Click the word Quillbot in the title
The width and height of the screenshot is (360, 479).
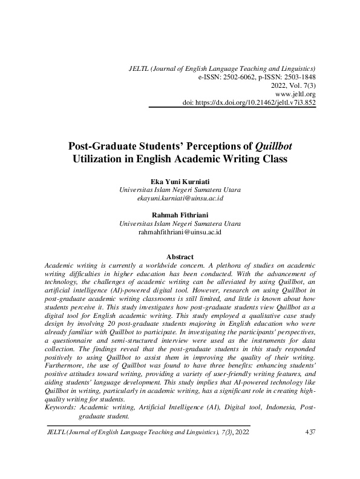(273, 147)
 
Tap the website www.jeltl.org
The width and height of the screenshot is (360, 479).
(295, 94)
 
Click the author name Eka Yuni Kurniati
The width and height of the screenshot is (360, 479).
(180, 181)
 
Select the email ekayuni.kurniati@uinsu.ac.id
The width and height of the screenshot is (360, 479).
(180, 198)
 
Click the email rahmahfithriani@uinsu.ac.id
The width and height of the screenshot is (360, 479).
(180, 231)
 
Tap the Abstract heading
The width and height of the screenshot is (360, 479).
(180, 256)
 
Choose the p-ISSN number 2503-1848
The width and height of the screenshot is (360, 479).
(300, 78)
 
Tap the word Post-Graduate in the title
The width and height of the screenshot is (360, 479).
(102, 147)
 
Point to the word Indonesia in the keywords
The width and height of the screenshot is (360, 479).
(280, 409)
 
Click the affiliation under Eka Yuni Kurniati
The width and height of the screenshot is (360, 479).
(180, 190)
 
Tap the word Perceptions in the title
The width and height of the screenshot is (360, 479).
(214, 147)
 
